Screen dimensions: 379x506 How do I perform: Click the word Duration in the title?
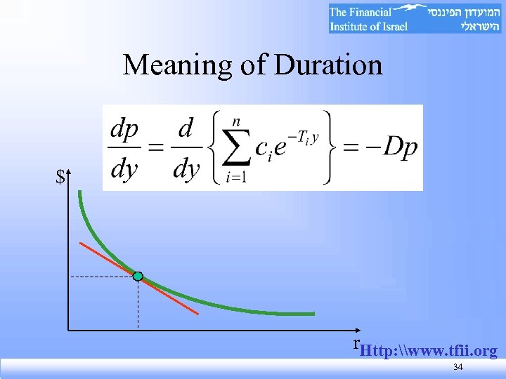pos(329,65)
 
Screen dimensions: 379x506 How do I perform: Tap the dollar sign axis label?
pos(61,178)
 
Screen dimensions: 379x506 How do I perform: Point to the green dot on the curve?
pos(138,277)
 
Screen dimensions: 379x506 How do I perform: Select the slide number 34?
pos(458,368)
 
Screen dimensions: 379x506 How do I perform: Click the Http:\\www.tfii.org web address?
pos(428,350)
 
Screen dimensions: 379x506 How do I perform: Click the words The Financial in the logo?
pos(361,12)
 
